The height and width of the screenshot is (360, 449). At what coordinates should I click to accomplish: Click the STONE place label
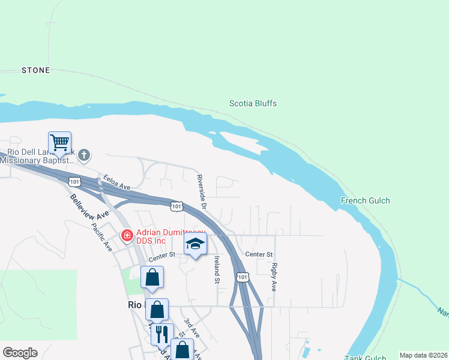pyautogui.click(x=35, y=70)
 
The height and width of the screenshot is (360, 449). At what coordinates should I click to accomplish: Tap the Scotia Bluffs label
pyautogui.click(x=253, y=103)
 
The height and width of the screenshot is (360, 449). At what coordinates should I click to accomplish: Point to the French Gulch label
pyautogui.click(x=365, y=200)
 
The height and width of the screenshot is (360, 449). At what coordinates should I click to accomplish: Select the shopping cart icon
pyautogui.click(x=60, y=143)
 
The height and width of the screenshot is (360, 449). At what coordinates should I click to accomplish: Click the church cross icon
pyautogui.click(x=84, y=155)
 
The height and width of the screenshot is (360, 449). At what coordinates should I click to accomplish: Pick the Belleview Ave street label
pyautogui.click(x=89, y=207)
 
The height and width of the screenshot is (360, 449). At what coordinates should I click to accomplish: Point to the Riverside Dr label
pyautogui.click(x=202, y=191)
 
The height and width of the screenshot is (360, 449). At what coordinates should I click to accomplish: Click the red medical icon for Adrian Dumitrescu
pyautogui.click(x=127, y=235)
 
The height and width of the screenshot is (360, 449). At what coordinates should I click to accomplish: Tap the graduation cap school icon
pyautogui.click(x=195, y=244)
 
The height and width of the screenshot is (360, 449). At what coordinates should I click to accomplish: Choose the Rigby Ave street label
pyautogui.click(x=274, y=277)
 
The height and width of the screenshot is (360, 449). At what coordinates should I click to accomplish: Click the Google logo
pyautogui.click(x=20, y=353)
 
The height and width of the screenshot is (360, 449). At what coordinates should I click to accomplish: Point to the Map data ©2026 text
pyautogui.click(x=423, y=355)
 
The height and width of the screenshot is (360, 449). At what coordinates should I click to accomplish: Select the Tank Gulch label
pyautogui.click(x=367, y=358)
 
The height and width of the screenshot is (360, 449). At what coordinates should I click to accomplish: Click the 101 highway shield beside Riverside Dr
pyautogui.click(x=176, y=206)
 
